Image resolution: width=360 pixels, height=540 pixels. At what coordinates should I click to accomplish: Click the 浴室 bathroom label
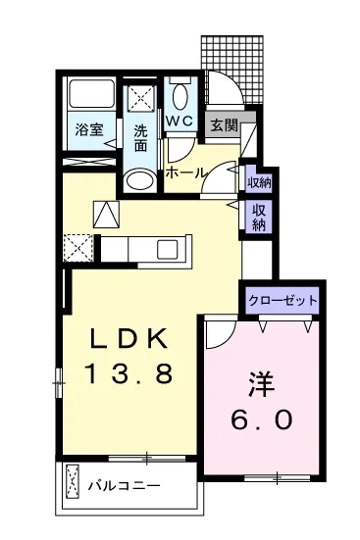(x=89, y=130)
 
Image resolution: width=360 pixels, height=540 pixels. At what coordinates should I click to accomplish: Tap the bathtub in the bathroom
(x=92, y=94)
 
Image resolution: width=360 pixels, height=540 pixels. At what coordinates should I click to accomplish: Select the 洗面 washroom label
(x=140, y=138)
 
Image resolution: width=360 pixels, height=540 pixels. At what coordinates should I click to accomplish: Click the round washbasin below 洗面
(x=139, y=179)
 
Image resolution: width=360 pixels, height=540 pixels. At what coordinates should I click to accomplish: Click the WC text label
(x=180, y=121)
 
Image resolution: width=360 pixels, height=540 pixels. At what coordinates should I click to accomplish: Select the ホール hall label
(x=186, y=173)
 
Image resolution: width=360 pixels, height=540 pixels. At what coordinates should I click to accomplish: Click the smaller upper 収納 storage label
(x=259, y=182)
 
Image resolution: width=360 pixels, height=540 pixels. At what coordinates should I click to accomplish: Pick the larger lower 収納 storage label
(x=259, y=218)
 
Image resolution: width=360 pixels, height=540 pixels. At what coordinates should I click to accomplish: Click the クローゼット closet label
(x=283, y=301)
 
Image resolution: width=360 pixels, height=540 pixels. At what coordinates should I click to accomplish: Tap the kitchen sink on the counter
(x=168, y=249)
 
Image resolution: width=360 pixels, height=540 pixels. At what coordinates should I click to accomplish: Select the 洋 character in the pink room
(x=261, y=384)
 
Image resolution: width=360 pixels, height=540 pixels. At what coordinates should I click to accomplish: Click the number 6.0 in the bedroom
(x=261, y=419)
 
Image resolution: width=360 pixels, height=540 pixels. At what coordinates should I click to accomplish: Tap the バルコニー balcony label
(x=125, y=486)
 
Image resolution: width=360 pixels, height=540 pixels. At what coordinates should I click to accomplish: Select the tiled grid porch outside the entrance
(x=231, y=69)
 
